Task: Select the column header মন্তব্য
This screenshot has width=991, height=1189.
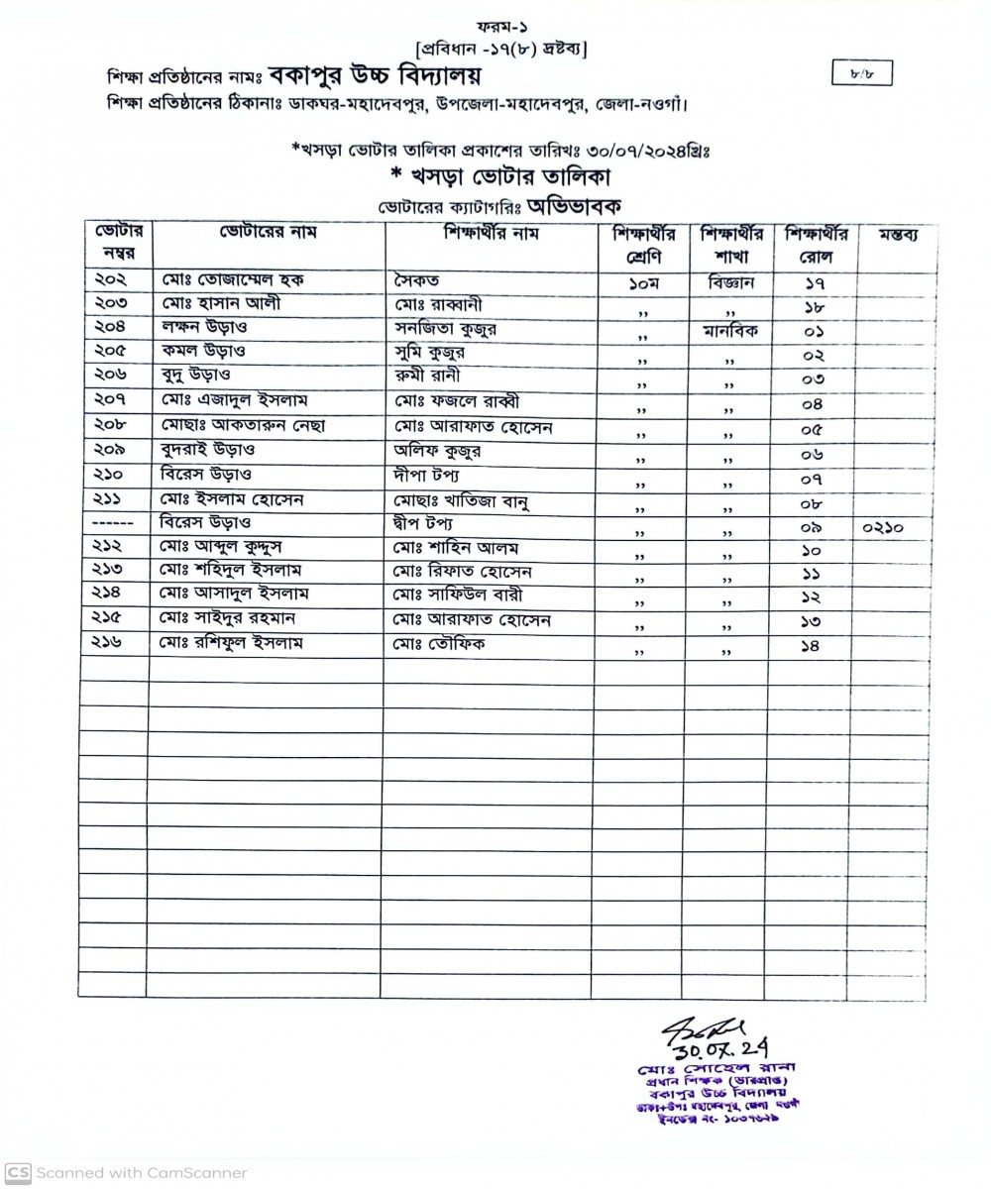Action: pos(895,236)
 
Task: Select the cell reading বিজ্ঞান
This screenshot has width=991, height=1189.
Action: pos(731,281)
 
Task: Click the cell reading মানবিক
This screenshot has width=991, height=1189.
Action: pos(731,330)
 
